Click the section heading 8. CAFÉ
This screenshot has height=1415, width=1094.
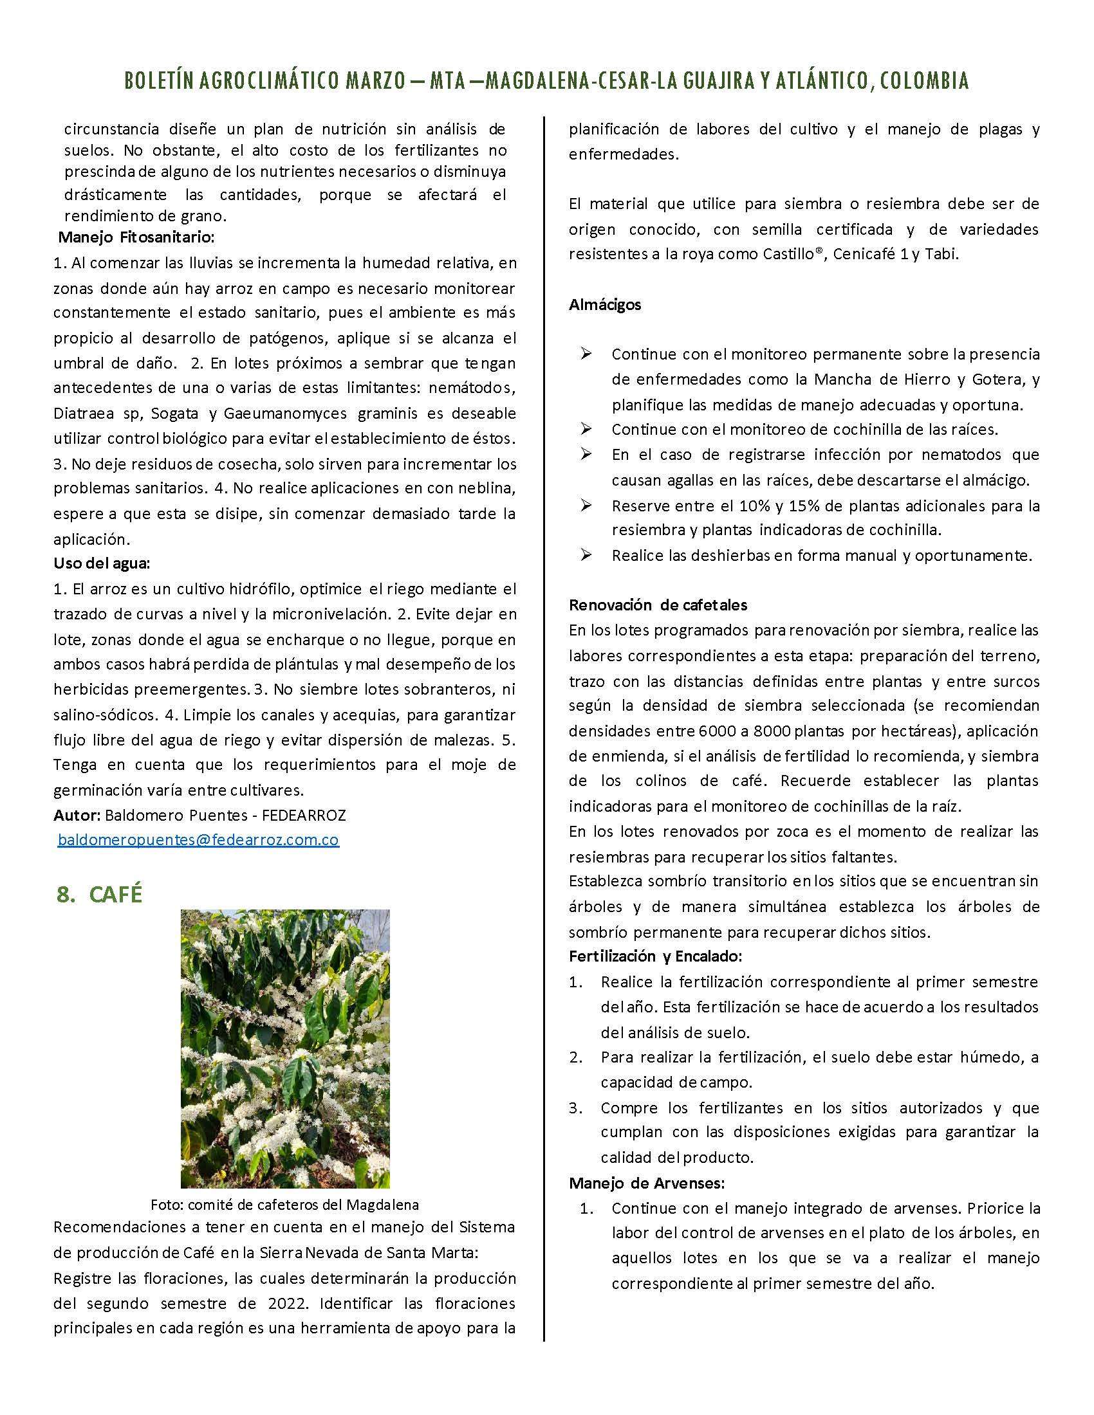coord(99,894)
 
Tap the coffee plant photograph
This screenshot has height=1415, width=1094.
coord(285,1048)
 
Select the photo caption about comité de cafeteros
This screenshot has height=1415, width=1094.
coord(285,1205)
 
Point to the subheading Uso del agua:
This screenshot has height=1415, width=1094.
coord(102,563)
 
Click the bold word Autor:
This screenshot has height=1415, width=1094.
coord(77,815)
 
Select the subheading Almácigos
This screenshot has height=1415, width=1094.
coord(605,304)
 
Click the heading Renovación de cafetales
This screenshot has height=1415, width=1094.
coord(658,605)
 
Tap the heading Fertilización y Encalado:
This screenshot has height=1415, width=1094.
coord(655,956)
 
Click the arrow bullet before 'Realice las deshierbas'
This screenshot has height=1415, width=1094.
coord(586,555)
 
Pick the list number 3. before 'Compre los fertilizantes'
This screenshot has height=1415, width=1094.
coord(576,1108)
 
